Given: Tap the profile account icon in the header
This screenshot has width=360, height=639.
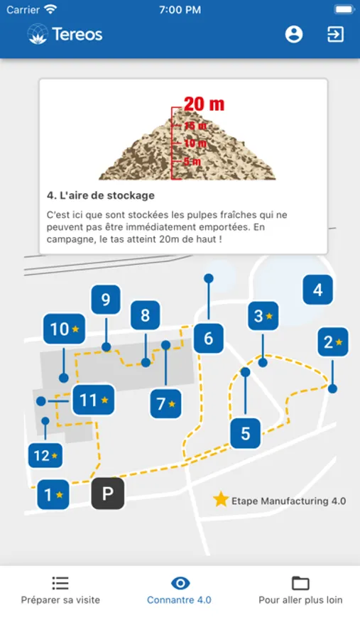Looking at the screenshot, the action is (293, 34).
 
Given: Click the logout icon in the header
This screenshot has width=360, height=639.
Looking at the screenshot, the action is (335, 34).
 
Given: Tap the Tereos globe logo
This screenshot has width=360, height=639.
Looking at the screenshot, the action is (38, 34).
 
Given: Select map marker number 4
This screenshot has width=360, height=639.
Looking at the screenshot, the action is (317, 290).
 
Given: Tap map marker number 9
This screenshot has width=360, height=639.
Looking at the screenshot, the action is (106, 300).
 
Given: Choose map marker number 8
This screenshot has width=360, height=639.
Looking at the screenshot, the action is (145, 315).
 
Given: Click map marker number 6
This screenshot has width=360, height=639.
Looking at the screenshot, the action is (208, 338).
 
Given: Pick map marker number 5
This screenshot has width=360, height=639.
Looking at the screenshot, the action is (246, 433).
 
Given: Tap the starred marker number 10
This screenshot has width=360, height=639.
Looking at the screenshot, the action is (64, 329).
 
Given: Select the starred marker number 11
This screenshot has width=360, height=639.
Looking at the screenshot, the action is (93, 400).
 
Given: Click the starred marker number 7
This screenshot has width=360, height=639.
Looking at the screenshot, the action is (165, 404).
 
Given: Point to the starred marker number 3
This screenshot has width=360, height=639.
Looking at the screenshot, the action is (263, 316).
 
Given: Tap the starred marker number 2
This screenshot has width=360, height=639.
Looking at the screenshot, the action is (333, 342).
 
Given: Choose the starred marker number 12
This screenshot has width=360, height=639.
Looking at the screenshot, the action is (45, 455).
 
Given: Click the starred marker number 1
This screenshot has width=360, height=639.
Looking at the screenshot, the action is (53, 494).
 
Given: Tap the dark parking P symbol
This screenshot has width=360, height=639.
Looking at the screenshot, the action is (108, 493).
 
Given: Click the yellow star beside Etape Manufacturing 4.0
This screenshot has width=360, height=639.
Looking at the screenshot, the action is (221, 499).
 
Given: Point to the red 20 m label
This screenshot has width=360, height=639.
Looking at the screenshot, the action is (204, 104).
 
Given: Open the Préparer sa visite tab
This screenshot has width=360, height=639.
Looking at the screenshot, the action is (60, 590).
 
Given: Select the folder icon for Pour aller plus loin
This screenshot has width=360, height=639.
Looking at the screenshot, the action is (300, 583).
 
